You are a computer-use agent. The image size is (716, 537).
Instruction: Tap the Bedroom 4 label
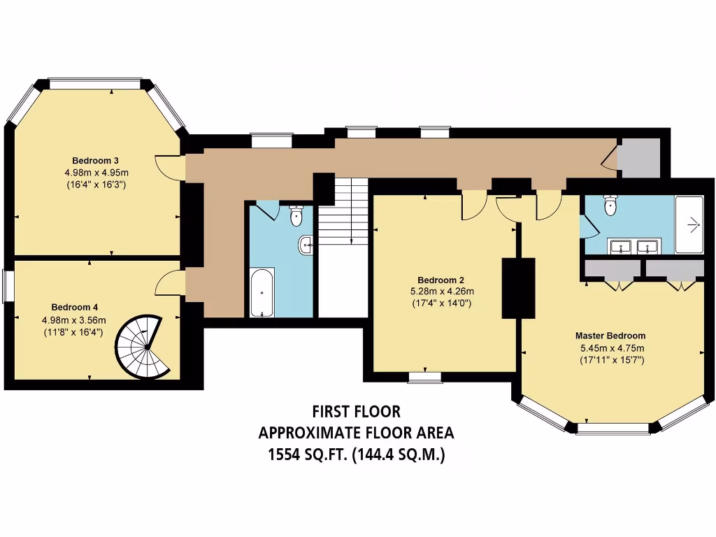tap(74, 307)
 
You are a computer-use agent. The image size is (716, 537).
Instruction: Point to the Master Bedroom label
tap(610, 335)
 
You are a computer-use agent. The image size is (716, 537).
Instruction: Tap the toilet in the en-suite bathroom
tap(610, 205)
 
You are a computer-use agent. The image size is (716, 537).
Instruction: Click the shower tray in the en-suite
tap(689, 224)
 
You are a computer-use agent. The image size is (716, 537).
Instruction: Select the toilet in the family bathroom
tap(296, 215)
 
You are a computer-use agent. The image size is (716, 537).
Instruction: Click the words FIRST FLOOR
tap(356, 411)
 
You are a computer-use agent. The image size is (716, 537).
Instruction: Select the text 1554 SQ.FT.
tap(306, 454)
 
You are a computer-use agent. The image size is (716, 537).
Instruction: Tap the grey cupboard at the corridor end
tap(638, 158)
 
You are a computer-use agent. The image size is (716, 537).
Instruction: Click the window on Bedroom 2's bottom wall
tap(425, 378)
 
